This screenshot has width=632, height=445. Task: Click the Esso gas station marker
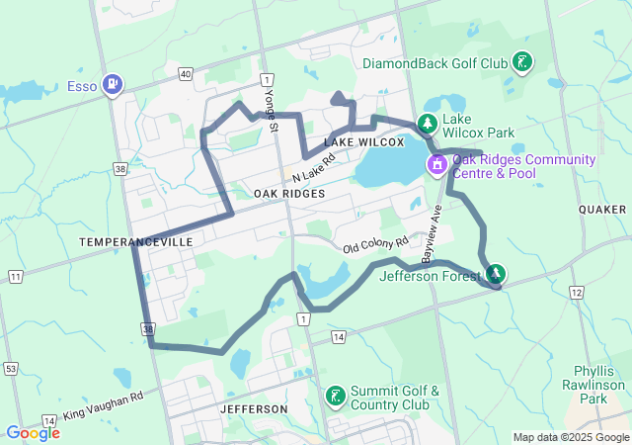coord(114,85)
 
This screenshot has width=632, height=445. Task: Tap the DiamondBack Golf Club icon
coord(522,63)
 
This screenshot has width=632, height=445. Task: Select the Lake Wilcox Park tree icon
coord(428,125)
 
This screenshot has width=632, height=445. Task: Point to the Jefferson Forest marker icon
coord(495,274)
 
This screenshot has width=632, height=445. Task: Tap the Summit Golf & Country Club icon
coord(337,397)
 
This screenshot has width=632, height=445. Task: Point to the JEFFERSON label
coord(255,408)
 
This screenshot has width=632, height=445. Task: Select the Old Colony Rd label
coord(375,243)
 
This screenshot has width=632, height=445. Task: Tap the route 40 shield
coord(186,74)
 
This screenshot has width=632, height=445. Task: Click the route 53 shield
coord(10,369)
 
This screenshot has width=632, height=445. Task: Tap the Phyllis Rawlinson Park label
coord(593,385)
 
